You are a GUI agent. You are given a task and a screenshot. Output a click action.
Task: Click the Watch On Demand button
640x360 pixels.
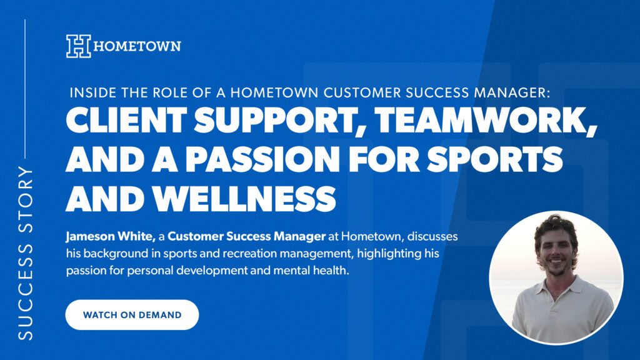[132, 315]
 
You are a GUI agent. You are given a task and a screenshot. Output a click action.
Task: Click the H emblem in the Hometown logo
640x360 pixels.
[78, 46]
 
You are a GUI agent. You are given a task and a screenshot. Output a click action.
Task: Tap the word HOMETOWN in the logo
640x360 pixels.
[137, 46]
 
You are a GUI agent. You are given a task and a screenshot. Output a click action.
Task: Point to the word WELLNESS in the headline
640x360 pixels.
[244, 199]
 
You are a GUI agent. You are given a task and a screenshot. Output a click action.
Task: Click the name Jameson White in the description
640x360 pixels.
[111, 236]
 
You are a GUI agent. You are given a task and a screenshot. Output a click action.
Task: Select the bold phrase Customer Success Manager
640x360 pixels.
[246, 236]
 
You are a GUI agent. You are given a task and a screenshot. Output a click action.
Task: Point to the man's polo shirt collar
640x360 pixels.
[557, 290]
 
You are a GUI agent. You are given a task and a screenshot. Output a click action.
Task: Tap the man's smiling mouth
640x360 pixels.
[555, 261]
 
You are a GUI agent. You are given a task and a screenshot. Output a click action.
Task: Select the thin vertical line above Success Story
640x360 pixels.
[25, 89]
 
